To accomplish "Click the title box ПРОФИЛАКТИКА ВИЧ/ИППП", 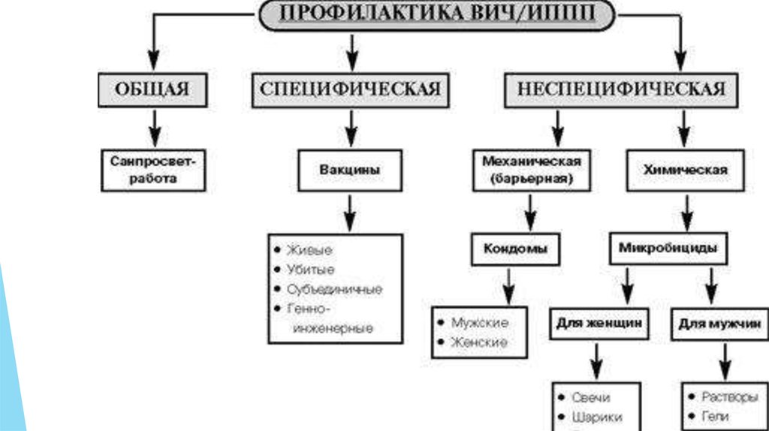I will [436, 14].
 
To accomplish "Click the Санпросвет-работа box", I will [152, 170].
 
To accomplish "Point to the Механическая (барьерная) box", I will [531, 170].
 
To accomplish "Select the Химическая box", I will [684, 170].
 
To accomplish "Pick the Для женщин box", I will [598, 324].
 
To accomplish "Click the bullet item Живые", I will [309, 249].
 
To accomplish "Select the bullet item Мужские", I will [479, 322].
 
